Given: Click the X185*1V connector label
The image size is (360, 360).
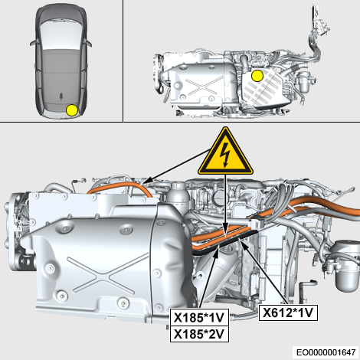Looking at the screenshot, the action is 199,317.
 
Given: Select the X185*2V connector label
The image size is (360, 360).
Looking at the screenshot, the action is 199,334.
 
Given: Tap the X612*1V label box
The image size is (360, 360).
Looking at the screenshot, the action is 288,313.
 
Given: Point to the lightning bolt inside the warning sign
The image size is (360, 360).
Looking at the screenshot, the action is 226,155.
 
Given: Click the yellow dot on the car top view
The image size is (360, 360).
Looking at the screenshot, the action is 72,110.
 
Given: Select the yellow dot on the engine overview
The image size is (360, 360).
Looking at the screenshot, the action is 257,76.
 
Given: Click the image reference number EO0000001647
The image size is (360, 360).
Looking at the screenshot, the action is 326,352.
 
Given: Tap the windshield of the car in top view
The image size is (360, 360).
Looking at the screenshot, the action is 61,34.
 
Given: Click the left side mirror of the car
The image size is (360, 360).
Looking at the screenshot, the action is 33,43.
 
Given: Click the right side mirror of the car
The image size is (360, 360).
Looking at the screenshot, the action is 88,43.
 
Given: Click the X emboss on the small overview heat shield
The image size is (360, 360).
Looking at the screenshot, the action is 203,86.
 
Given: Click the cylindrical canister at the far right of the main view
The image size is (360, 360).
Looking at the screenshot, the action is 347,266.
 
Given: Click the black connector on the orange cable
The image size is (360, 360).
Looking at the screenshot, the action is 256,223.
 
